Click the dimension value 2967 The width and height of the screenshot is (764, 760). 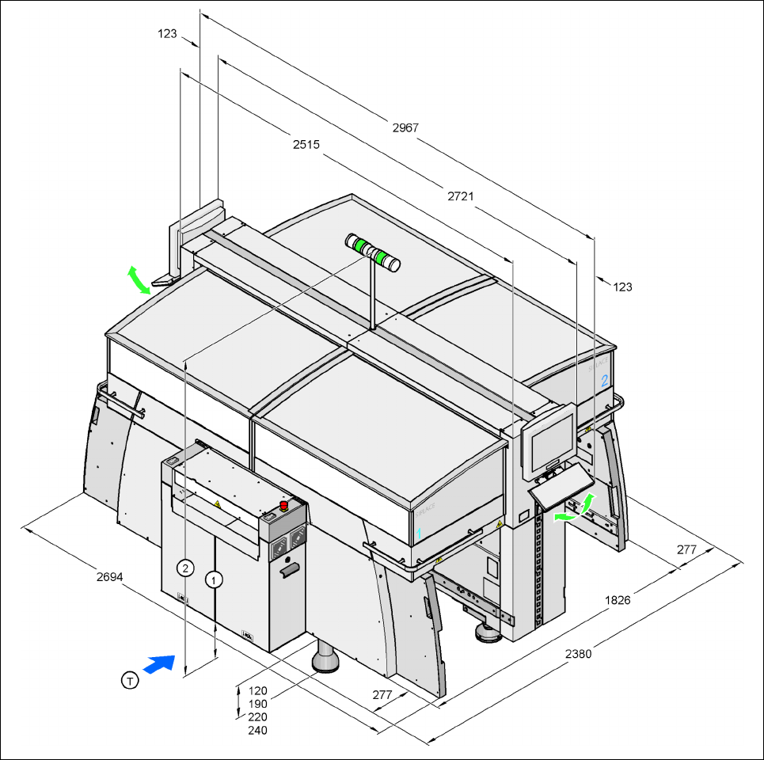tap(405, 127)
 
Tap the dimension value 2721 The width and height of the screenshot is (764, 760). tap(460, 195)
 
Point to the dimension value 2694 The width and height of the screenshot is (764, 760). tap(109, 576)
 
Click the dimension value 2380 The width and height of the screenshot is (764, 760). tap(578, 654)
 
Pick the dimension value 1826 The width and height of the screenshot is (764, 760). tap(618, 600)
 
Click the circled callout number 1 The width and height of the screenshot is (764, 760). tap(214, 579)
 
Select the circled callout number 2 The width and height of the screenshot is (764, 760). tap(184, 568)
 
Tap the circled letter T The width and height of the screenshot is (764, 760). tap(129, 678)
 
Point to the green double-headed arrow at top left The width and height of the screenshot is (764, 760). tap(138, 280)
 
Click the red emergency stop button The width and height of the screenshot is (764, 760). tap(283, 505)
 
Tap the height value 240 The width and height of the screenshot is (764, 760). tap(257, 731)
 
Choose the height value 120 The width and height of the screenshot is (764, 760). tap(257, 690)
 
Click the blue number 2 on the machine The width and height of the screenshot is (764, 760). tap(605, 380)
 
